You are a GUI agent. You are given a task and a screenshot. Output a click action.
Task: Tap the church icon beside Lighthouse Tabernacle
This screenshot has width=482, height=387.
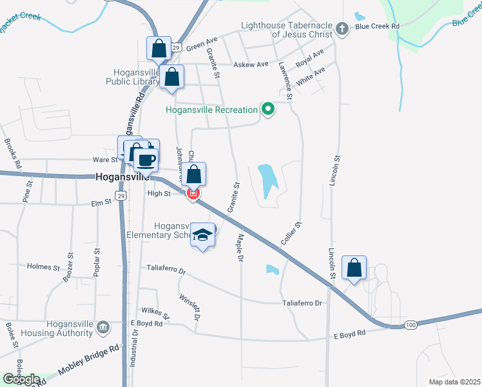pos(342,29)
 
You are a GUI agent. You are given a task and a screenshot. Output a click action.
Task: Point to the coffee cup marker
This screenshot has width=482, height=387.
pos(147,159)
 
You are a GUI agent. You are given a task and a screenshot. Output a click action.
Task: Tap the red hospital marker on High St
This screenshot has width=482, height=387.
pos(192,193)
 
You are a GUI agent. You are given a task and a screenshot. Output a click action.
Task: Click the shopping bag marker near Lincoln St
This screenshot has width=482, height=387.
pos(354,268)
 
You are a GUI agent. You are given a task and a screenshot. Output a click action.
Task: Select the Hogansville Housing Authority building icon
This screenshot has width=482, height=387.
pos(103,328)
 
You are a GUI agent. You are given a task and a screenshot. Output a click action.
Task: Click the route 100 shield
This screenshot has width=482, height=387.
pos(410,325)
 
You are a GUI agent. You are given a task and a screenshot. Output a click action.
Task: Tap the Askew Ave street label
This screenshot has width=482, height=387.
pos(251,65)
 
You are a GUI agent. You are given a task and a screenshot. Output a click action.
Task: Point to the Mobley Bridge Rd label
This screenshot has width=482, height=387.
pos(88,362)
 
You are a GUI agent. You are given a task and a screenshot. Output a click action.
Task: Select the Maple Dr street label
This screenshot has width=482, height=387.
pos(240,248)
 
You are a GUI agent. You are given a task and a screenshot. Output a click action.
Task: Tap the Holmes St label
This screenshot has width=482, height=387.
pos(43,266)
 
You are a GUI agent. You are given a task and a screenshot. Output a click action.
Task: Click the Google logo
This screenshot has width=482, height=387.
pos(21,379)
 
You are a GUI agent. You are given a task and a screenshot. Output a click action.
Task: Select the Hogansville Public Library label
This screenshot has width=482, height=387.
pos(132,77)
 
